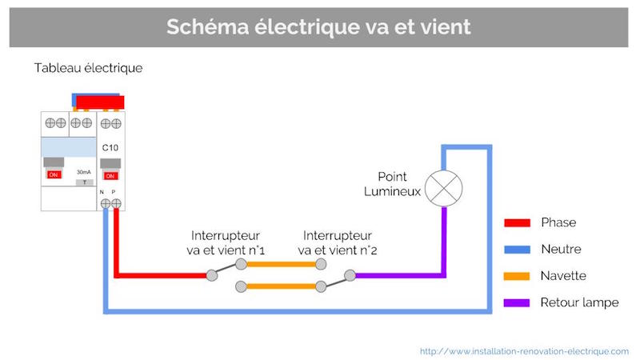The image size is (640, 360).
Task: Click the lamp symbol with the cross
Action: [444, 187]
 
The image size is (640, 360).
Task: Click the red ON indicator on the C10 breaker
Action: [111, 175]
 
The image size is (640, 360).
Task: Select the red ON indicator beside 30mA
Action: [54, 174]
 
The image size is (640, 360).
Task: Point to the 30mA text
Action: [82, 172]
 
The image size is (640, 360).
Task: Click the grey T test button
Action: [82, 182]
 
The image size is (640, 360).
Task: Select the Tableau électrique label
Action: [88, 68]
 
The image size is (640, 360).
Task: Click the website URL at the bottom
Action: [524, 350]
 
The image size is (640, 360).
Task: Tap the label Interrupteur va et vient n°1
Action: [224, 243]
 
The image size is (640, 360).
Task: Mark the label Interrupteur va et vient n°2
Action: [338, 243]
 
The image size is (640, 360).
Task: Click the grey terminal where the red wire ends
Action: [212, 276]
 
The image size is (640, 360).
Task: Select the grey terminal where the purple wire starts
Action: [350, 276]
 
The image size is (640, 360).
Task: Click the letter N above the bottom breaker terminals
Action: [102, 193]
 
